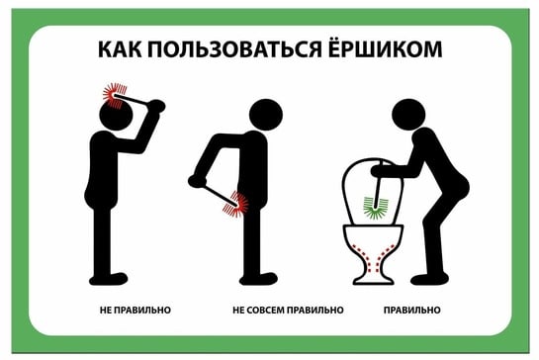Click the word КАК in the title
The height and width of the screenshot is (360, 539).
pyautogui.click(x=120, y=49)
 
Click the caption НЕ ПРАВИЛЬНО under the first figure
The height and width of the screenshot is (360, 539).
pyautogui.click(x=135, y=311)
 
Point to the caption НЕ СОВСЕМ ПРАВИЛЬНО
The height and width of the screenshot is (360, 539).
pyautogui.click(x=288, y=311)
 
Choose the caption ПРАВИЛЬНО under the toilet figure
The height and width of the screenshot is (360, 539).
pyautogui.click(x=411, y=311)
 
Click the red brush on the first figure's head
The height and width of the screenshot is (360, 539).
pyautogui.click(x=115, y=95)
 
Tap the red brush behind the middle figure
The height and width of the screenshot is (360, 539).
pyautogui.click(x=235, y=205)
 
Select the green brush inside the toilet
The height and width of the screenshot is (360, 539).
pyautogui.click(x=375, y=207)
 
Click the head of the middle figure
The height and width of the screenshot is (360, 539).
pyautogui.click(x=266, y=116)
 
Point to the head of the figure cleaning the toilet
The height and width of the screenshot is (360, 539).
pyautogui.click(x=408, y=115)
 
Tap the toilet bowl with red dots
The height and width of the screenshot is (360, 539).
pyautogui.click(x=373, y=254)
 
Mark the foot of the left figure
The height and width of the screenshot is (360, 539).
pyautogui.click(x=108, y=278)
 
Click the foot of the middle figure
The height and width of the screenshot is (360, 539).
pyautogui.click(x=258, y=279)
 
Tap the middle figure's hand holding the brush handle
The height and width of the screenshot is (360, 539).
pyautogui.click(x=197, y=181)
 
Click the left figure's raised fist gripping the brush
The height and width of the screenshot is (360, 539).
pyautogui.click(x=156, y=106)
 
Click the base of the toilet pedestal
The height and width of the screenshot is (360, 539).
pyautogui.click(x=373, y=279)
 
